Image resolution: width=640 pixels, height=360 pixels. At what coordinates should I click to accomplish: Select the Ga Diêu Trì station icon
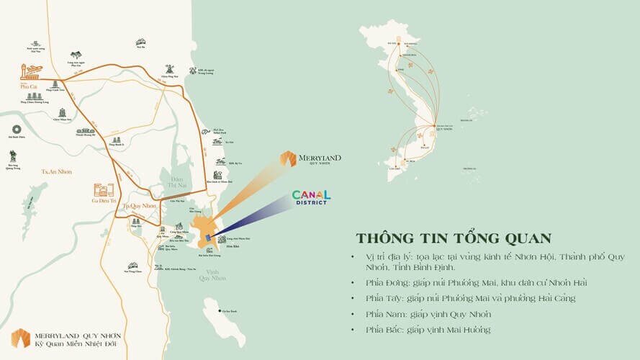(104, 191)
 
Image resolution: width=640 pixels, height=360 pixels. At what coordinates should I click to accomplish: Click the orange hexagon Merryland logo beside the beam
(288, 158)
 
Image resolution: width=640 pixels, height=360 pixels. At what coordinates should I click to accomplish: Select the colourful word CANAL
(311, 194)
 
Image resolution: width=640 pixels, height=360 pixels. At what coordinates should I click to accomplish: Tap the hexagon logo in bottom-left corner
(20, 337)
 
